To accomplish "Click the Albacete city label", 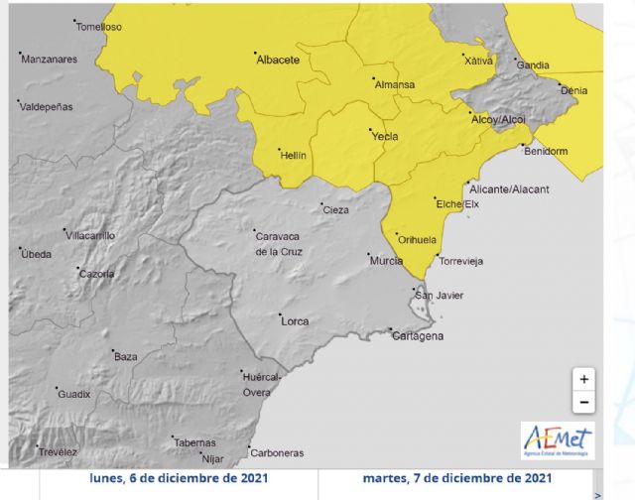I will (278, 61).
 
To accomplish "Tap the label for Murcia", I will (385, 261).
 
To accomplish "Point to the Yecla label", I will (384, 136).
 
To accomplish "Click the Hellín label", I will (294, 156).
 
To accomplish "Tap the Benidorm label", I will (546, 152).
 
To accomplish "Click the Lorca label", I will (295, 321).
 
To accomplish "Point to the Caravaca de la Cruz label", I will (279, 244).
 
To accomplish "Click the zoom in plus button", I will (584, 379).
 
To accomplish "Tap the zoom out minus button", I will (584, 402).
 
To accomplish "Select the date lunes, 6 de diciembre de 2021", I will (179, 477).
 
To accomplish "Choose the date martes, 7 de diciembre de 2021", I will (456, 477).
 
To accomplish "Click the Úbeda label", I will (36, 255).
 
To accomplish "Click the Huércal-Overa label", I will (264, 385).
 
